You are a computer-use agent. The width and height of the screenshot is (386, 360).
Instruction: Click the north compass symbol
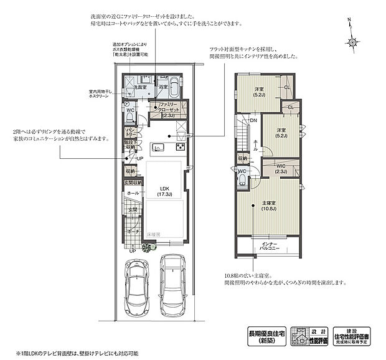[352, 42]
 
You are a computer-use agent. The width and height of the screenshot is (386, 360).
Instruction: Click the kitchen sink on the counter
[157, 148]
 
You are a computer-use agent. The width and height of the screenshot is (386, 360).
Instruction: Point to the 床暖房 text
[154, 234]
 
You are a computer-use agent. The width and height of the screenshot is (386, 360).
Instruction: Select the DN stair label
[253, 120]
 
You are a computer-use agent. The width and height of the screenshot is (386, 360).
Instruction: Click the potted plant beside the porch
[148, 247]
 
